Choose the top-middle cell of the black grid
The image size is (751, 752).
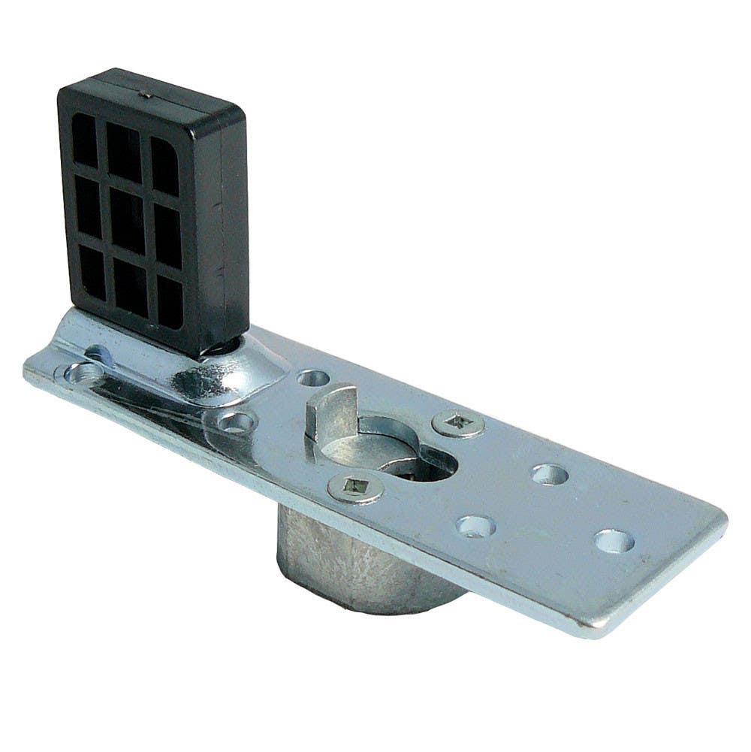coord(125,153)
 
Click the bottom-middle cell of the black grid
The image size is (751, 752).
coord(129,288)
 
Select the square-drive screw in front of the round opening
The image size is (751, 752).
coord(355,489)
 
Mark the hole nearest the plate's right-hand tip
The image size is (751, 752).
coord(614,540)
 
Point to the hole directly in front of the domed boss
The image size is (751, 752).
coord(237,423)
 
